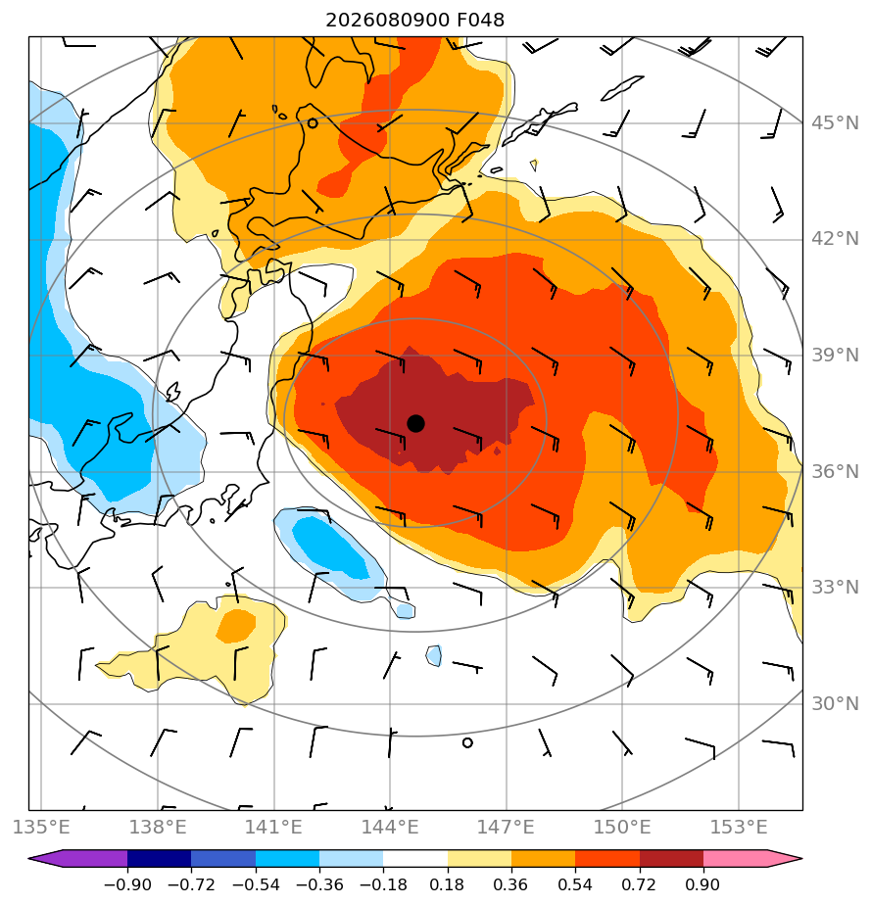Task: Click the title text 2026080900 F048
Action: [414, 21]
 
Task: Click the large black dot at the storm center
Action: [415, 424]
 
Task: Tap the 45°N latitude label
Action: [835, 123]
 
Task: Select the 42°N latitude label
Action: [835, 238]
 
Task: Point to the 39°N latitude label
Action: [835, 355]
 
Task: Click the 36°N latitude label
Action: [835, 471]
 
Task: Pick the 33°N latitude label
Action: [835, 587]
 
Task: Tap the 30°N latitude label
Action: [835, 703]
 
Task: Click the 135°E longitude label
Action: [41, 827]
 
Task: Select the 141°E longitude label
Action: [273, 827]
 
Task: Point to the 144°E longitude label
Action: [390, 827]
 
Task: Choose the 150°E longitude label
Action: [622, 827]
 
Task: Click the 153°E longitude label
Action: [739, 827]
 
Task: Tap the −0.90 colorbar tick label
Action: [127, 884]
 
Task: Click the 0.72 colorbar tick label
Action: [639, 884]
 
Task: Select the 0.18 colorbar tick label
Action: [448, 884]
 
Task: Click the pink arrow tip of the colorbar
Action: [801, 858]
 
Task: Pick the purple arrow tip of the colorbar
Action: [28, 858]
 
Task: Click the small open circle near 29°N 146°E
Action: [467, 742]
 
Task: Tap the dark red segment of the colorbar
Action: [671, 858]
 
